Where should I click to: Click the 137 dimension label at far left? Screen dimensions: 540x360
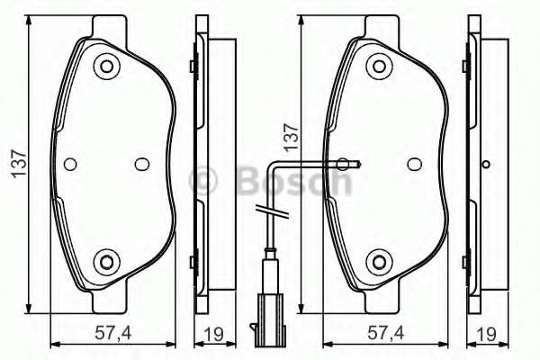19,164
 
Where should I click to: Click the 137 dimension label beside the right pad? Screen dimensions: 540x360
292,137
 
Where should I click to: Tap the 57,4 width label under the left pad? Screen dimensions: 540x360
113,333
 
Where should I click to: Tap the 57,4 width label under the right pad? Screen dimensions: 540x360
386,333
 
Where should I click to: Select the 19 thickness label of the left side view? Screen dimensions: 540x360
213,334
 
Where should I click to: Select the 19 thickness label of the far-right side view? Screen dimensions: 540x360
487,334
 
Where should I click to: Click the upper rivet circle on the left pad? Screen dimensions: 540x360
106,67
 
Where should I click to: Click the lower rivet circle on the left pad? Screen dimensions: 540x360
106,263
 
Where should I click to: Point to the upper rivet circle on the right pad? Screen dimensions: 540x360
379,67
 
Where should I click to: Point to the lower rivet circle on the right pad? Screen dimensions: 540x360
379,263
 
